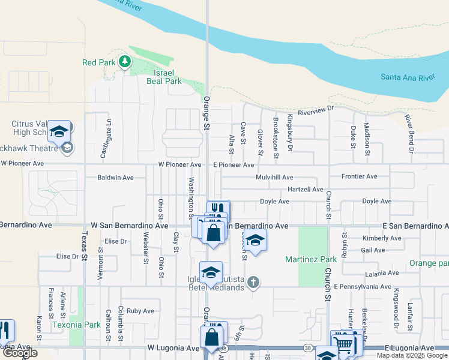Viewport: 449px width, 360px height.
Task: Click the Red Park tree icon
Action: pos(124,61)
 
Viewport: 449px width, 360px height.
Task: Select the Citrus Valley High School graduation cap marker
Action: pos(59,132)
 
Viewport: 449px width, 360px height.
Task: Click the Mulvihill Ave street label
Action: pos(274,178)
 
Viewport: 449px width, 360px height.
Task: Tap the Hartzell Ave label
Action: pos(306,189)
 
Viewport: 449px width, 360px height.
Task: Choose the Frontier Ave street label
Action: pos(359,176)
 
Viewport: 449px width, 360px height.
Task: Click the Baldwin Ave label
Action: pos(115,178)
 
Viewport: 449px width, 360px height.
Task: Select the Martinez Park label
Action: pos(312,259)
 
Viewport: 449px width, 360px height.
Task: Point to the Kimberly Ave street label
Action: pos(382,238)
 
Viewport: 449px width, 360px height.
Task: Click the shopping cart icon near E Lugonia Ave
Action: pos(343,344)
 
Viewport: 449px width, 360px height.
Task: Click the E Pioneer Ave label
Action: pos(234,164)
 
